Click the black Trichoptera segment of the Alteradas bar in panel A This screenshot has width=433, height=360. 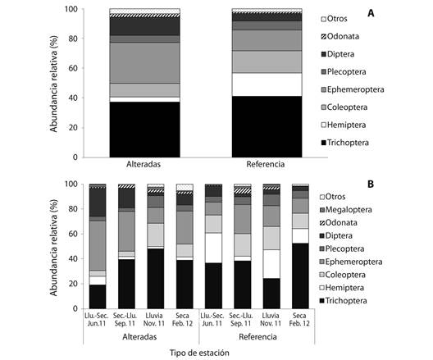144,130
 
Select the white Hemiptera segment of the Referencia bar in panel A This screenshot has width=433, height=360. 267,84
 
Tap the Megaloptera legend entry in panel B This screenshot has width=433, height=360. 345,210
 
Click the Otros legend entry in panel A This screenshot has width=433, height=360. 334,19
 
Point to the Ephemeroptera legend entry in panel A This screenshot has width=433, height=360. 353,89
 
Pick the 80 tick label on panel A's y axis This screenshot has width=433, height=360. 71,39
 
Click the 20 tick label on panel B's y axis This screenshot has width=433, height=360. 71,284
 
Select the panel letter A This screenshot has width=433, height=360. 371,13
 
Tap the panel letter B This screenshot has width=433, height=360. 371,184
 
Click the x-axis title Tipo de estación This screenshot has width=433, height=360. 199,353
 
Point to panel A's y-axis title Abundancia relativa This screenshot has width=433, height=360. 53,84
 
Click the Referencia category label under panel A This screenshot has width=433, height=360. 266,164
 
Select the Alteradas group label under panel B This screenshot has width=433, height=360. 139,337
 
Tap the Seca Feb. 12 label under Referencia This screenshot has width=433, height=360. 299,320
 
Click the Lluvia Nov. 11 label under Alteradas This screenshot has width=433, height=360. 154,320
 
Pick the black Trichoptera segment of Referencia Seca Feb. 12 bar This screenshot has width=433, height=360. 300,276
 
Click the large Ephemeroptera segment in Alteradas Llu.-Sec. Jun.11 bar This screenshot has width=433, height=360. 98,246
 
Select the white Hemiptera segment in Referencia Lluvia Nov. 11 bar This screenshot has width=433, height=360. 271,264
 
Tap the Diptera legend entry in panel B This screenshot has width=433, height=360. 336,236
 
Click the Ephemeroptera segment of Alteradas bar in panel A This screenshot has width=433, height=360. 144,63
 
